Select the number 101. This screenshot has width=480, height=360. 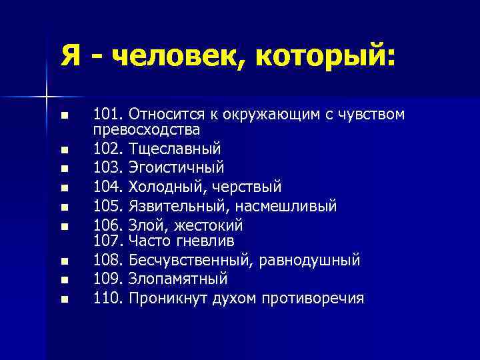tap(107, 115)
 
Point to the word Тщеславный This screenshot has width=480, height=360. tap(175, 147)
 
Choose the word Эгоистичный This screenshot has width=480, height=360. tap(177, 167)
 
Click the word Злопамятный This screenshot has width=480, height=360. tap(178, 278)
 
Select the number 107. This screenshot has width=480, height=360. tap(107, 239)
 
